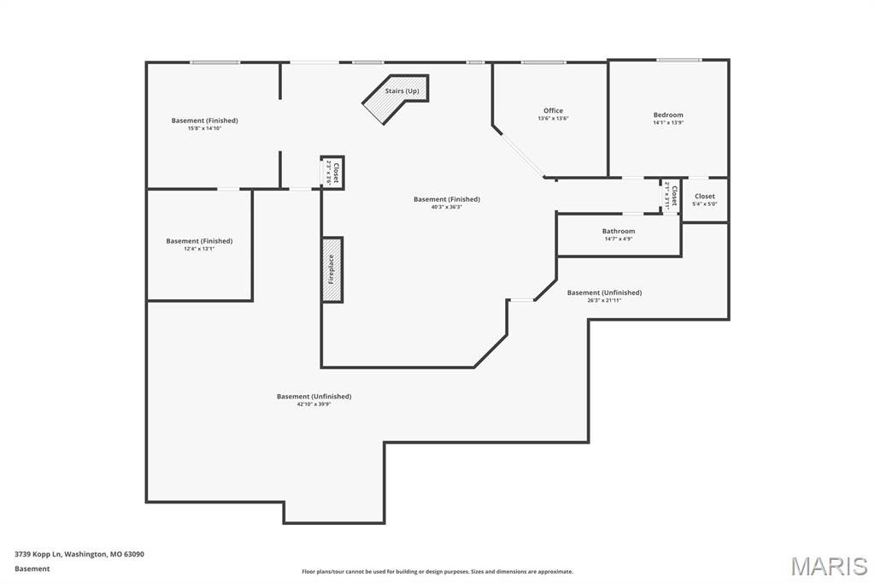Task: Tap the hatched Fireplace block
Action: tap(332, 269)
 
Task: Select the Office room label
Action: tap(553, 110)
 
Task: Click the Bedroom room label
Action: tap(668, 115)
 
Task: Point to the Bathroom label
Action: tap(618, 231)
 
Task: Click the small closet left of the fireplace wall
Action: tap(332, 173)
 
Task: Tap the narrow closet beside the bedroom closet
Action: tap(671, 196)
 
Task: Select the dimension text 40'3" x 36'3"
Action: tap(446, 207)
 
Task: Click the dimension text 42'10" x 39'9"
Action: tap(314, 403)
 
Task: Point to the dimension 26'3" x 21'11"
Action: tap(604, 300)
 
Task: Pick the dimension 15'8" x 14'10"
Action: tap(204, 128)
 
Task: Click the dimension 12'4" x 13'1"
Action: tap(199, 249)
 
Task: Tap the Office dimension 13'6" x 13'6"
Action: tap(553, 119)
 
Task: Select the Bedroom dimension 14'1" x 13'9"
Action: tap(668, 122)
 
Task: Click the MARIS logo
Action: tap(828, 566)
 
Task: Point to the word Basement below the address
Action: tap(32, 568)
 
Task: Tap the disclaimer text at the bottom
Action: tap(437, 572)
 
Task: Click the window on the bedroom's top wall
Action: tap(678, 60)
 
